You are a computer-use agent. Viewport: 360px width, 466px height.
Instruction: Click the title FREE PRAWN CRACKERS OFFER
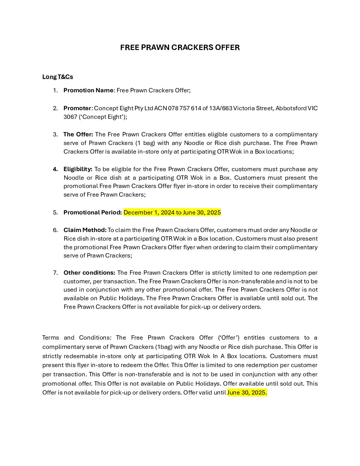pyautogui.click(x=180, y=48)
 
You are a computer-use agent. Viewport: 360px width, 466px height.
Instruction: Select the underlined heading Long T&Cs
pyautogui.click(x=58, y=77)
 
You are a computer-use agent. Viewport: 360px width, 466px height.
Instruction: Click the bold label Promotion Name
pyautogui.click(x=88, y=90)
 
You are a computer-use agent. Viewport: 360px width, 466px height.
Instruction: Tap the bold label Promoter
pyautogui.click(x=77, y=108)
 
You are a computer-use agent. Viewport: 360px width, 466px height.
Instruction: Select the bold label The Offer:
pyautogui.click(x=78, y=134)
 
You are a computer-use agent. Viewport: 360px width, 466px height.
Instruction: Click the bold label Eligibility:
pyautogui.click(x=78, y=169)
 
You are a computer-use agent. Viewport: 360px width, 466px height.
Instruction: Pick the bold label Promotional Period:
pyautogui.click(x=93, y=212)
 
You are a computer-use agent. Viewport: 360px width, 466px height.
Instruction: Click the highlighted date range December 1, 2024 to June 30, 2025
pyautogui.click(x=172, y=212)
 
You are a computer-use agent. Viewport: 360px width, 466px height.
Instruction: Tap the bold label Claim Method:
pyautogui.click(x=85, y=230)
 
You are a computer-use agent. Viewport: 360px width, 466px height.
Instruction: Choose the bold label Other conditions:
pyautogui.click(x=89, y=273)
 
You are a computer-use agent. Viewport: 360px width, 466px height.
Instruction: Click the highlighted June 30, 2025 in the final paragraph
pyautogui.click(x=247, y=393)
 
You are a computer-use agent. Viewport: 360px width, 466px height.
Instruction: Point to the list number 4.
pyautogui.click(x=55, y=169)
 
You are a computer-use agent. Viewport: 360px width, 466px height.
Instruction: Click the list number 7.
pyautogui.click(x=55, y=273)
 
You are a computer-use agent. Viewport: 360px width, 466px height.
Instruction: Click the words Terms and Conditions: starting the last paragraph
pyautogui.click(x=76, y=338)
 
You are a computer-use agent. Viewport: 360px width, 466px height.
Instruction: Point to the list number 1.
pyautogui.click(x=55, y=90)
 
